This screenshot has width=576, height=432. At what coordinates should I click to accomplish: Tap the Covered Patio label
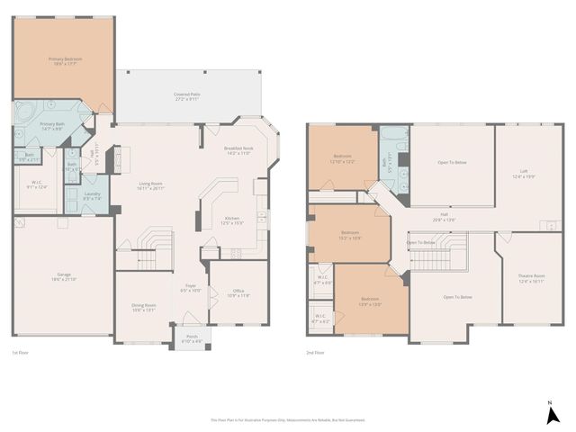[x=187, y=96]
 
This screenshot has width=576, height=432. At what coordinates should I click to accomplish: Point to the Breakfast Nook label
[x=238, y=151]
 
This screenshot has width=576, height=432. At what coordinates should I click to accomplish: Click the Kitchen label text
[x=232, y=220]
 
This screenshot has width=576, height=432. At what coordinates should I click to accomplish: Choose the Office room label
[x=238, y=292]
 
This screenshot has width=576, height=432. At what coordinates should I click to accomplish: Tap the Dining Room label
[x=145, y=307]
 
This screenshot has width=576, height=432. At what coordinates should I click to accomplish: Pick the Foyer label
[x=191, y=289]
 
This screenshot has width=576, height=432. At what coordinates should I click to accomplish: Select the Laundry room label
[x=92, y=194]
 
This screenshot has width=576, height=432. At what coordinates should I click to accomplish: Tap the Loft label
[x=523, y=172]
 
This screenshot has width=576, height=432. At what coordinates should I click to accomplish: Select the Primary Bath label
[x=51, y=126]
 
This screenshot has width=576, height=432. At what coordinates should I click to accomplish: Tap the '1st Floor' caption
[x=21, y=353]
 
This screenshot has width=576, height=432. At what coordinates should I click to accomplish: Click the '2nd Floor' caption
[x=315, y=353]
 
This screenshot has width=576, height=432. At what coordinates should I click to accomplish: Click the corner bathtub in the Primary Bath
[x=25, y=117]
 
